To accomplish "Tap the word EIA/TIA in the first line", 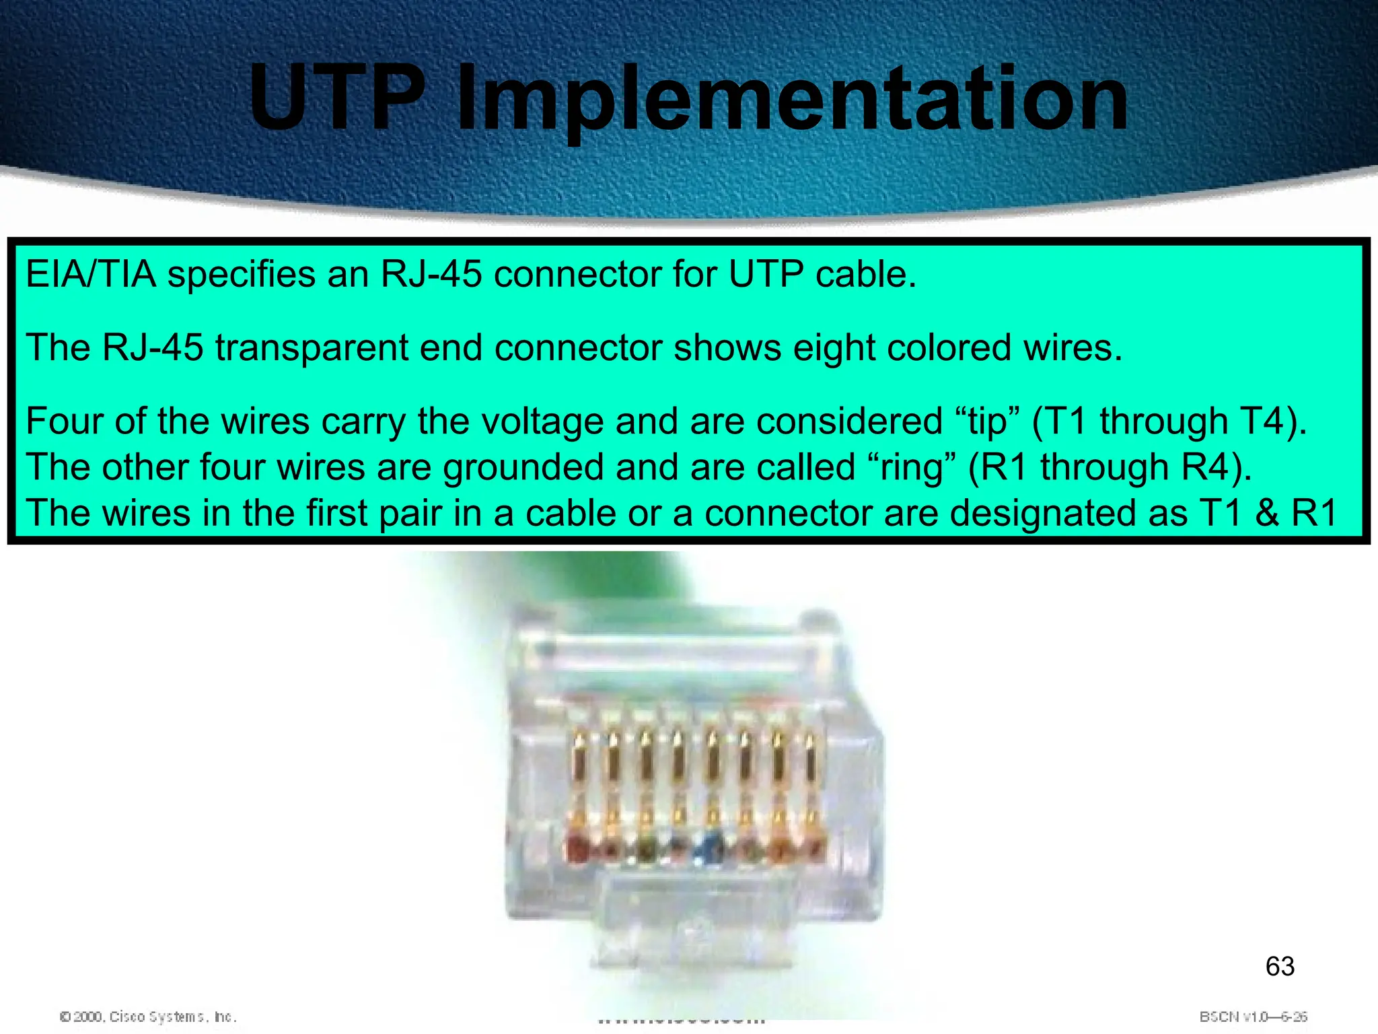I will pyautogui.click(x=91, y=275).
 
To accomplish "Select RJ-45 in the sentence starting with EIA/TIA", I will pyautogui.click(x=431, y=275).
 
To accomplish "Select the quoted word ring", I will pyautogui.click(x=912, y=467).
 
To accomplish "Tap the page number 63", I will pyautogui.click(x=1280, y=967).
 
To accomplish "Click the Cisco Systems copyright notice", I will pyautogui.click(x=148, y=1016).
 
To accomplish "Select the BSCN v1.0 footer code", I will pyautogui.click(x=1253, y=1016).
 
